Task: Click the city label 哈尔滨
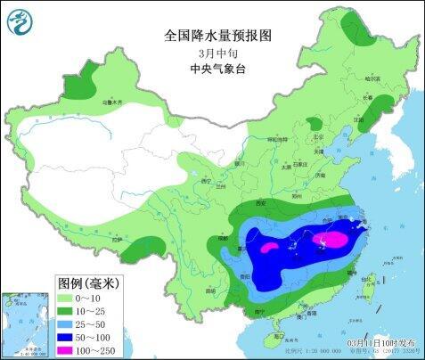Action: tap(372, 78)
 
